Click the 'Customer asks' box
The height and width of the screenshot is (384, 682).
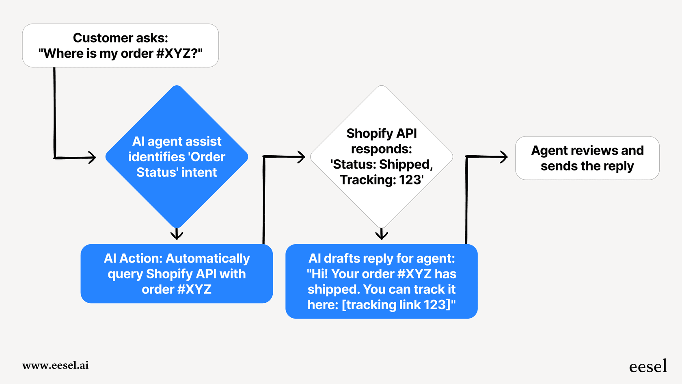point(121,46)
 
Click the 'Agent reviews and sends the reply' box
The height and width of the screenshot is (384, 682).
point(587,158)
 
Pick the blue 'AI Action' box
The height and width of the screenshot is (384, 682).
point(177,273)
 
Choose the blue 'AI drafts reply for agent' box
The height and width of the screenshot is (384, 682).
point(382,281)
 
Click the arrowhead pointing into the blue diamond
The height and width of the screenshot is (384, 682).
point(93,157)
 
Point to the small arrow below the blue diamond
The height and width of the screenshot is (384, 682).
point(177,234)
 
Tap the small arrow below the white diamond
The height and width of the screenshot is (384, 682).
point(382,234)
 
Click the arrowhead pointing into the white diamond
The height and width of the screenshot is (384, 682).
point(301,157)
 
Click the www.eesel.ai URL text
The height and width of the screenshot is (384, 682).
point(55,365)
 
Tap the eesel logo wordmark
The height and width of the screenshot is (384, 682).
point(648,367)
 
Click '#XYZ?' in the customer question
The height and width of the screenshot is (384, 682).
point(177,53)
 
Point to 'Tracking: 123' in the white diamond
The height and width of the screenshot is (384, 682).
point(382,180)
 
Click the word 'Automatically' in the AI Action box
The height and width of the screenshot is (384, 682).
point(208,258)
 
